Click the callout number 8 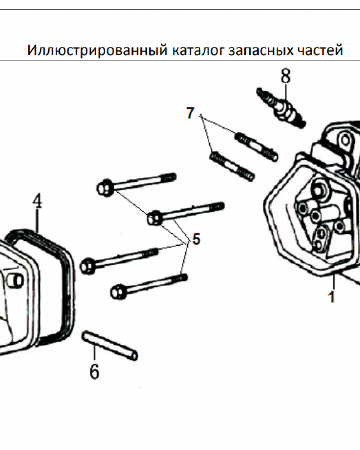(x=285, y=76)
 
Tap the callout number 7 (x=190, y=113)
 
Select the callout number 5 (x=196, y=239)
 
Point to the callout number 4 (x=37, y=201)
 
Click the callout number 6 (x=94, y=371)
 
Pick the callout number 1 (x=332, y=297)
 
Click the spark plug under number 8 (x=282, y=108)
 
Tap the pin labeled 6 (x=109, y=346)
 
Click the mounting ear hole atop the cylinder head (x=344, y=139)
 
